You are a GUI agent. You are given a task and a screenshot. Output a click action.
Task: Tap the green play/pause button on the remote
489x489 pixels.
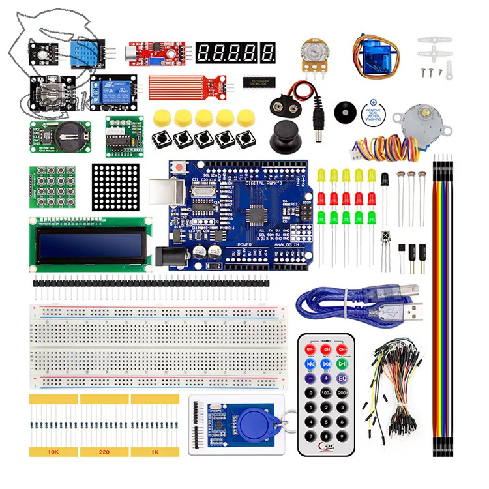pos(342,364)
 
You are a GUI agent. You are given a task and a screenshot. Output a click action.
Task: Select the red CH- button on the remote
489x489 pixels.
pos(310,349)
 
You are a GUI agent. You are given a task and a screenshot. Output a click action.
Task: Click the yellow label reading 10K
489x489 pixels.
pos(53,451)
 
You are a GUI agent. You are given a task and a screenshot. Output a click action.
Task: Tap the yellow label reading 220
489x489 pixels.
pos(104,451)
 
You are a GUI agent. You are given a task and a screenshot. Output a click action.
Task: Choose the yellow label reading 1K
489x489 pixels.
pos(155,451)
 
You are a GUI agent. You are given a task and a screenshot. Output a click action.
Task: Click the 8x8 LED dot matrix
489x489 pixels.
pos(117,186)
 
